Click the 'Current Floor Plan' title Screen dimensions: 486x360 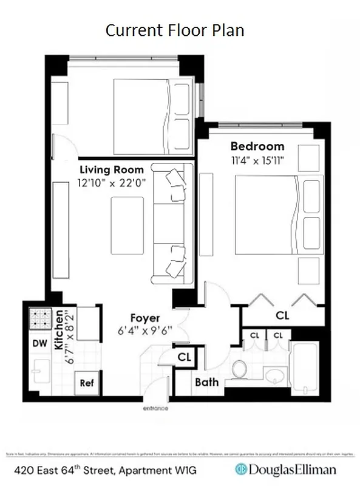[x=175, y=30]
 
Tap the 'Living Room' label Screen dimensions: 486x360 [x=111, y=169]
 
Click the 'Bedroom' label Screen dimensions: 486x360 [x=257, y=146]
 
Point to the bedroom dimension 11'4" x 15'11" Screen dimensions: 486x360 [x=257, y=160]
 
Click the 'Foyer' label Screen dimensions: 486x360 [x=145, y=318]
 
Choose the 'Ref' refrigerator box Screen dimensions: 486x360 [x=86, y=383]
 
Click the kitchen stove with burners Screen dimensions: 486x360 [x=39, y=319]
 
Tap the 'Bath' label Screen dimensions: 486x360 [x=206, y=382]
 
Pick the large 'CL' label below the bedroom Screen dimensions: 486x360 [x=282, y=315]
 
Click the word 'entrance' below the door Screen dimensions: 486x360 [x=155, y=408]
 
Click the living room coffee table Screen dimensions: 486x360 [x=127, y=224]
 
